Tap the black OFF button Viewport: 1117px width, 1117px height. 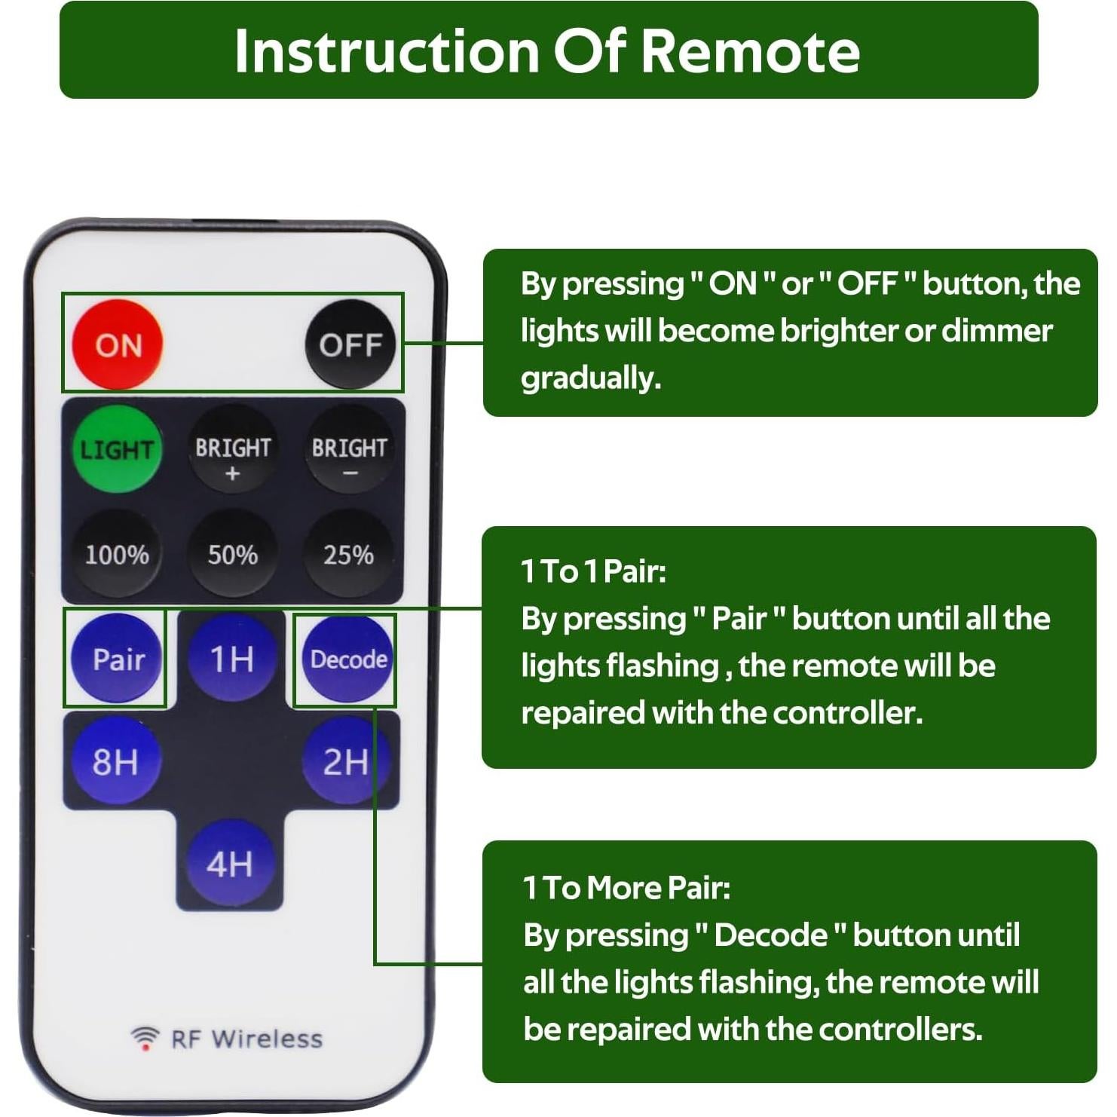tap(350, 344)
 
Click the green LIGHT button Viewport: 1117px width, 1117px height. tap(116, 449)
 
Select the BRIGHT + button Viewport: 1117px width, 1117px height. tap(232, 451)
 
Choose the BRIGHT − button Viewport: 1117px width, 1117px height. tap(349, 451)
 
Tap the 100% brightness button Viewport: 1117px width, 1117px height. tap(116, 555)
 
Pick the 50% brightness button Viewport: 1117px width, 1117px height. tap(232, 555)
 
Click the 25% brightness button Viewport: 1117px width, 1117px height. tap(348, 555)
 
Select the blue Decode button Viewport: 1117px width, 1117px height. tap(347, 659)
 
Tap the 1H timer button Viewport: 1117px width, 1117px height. tap(231, 658)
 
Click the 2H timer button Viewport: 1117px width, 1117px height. tap(345, 760)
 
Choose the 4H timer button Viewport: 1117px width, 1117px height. tap(230, 863)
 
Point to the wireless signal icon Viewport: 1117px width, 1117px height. tap(145, 1038)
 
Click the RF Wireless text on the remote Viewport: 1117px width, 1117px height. tap(246, 1039)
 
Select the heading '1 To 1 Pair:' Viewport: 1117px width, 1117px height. tap(593, 571)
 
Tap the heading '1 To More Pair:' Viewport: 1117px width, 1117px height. tap(626, 887)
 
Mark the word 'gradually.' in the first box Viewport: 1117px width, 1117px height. tap(590, 378)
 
